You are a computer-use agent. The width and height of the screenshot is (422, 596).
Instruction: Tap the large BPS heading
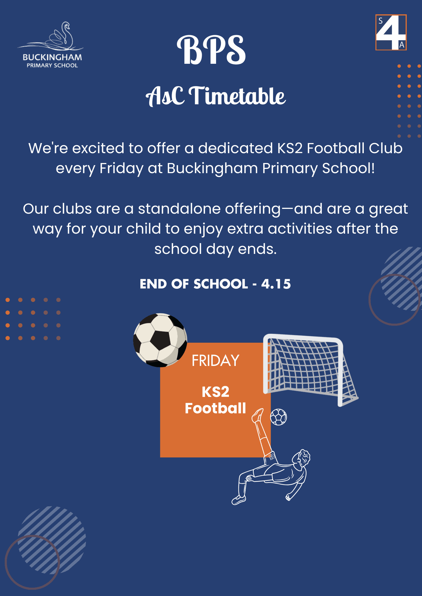[211, 50]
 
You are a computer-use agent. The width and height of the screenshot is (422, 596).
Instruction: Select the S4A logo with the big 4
[391, 32]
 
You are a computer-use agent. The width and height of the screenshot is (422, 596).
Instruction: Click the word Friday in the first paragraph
[121, 169]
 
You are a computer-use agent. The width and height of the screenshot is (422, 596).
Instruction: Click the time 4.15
[276, 284]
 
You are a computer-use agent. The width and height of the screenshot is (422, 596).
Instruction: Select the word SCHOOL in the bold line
[221, 284]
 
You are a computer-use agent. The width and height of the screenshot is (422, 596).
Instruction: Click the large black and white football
[160, 340]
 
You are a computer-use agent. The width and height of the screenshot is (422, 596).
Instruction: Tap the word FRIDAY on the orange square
[215, 361]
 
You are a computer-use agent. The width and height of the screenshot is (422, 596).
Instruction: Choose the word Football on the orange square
[215, 408]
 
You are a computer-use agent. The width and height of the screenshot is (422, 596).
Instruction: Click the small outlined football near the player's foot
[278, 417]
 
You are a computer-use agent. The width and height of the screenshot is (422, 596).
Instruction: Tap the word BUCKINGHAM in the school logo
[52, 57]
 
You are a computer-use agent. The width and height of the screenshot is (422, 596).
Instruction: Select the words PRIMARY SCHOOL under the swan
[52, 65]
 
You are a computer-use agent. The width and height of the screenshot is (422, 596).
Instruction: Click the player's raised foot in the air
[258, 415]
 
